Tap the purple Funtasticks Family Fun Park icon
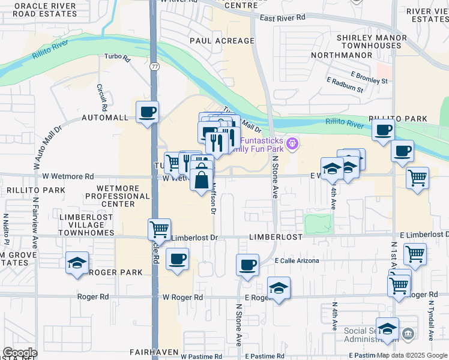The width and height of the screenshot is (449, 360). tap(292, 143)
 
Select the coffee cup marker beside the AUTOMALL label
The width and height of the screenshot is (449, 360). tap(147, 112)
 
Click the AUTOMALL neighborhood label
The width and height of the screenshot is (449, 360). tap(105, 118)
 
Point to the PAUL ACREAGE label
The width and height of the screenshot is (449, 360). tap(222, 41)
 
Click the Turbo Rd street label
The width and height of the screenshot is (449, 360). tap(117, 58)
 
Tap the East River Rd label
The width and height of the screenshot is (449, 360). tap(283, 18)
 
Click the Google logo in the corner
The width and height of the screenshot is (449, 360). tap(20, 353)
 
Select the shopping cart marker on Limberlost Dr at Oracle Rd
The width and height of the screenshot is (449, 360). tap(159, 229)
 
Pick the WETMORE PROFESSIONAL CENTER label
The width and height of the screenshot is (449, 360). tap(118, 196)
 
